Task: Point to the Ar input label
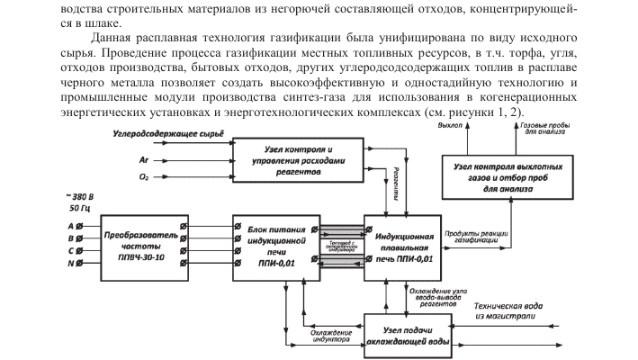pyautogui.click(x=143, y=157)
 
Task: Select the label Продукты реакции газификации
pyautogui.click(x=474, y=238)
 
